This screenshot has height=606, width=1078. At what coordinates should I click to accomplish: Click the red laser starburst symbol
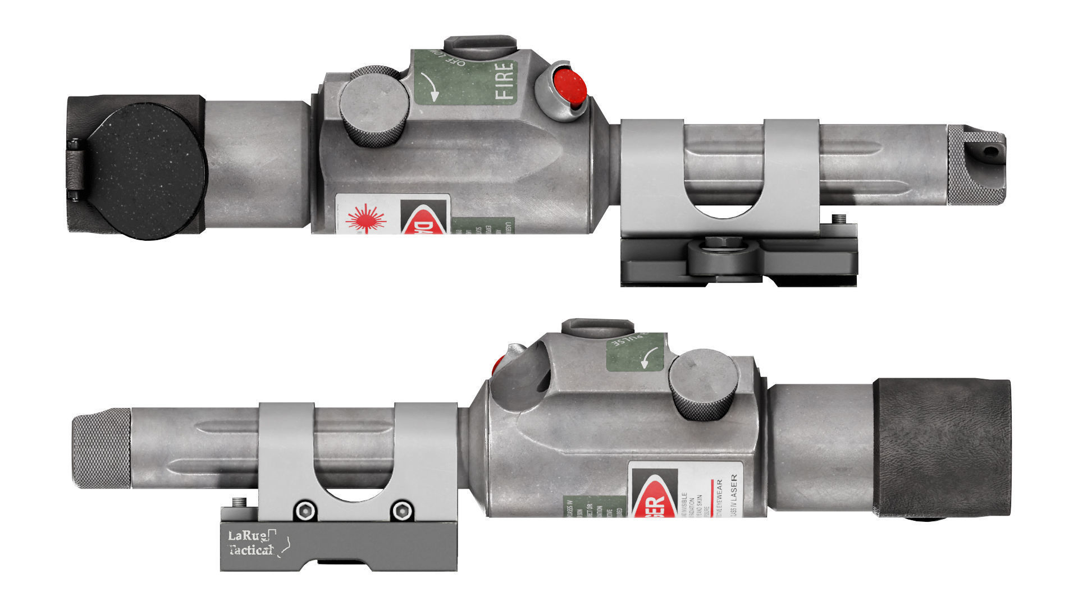[x=366, y=219]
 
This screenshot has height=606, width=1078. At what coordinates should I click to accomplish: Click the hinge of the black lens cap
[x=74, y=168]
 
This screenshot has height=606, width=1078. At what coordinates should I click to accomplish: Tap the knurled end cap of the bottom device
[x=102, y=448]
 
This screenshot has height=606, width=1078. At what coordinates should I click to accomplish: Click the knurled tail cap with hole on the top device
[x=976, y=164]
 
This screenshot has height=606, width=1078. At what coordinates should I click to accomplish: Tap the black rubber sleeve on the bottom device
[x=942, y=448]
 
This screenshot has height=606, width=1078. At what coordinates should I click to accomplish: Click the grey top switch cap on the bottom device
[x=597, y=328]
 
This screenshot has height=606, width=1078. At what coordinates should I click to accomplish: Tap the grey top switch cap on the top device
[x=480, y=45]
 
